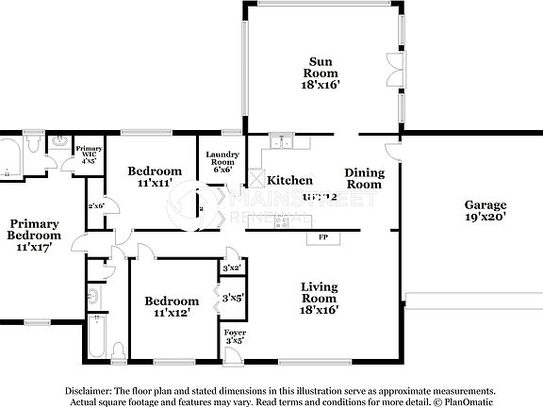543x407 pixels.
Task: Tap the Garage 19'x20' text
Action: (x=485, y=210)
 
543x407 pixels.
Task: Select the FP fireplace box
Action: (x=322, y=237)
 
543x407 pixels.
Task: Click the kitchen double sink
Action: (x=279, y=143)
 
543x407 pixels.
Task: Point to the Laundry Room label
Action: (x=223, y=160)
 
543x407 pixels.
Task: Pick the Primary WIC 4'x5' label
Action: (x=89, y=154)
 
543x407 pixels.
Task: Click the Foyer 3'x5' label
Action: (x=233, y=336)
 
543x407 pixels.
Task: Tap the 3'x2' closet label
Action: (x=232, y=269)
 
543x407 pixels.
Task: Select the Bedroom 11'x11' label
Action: (x=155, y=176)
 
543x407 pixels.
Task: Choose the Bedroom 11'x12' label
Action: (x=171, y=306)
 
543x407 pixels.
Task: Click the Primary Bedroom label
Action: (x=33, y=236)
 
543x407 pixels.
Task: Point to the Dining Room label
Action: (x=364, y=178)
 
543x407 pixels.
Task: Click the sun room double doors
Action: (x=394, y=70)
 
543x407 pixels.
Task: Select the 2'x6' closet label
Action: (x=95, y=205)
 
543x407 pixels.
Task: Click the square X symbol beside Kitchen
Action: (x=254, y=178)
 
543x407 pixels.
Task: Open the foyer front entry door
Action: (x=233, y=354)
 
